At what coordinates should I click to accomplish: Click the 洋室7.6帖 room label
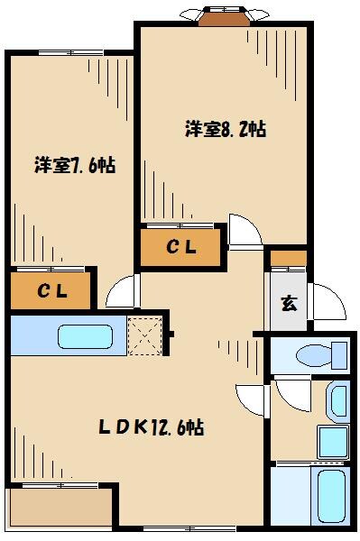[x=76, y=165]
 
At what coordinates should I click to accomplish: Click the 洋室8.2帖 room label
[x=226, y=128]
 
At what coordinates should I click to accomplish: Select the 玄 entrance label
[x=288, y=303]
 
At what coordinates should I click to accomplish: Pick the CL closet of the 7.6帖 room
[x=51, y=291]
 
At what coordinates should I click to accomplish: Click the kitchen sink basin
[x=85, y=337]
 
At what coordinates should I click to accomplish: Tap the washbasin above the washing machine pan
[x=337, y=399]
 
